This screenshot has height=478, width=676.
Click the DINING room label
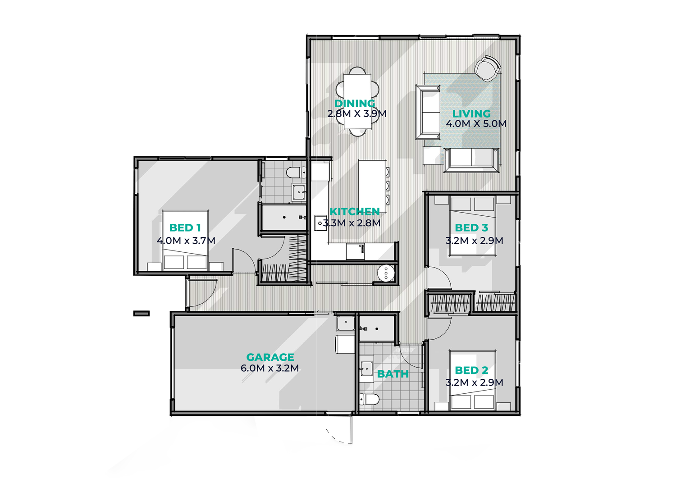(x=355, y=103)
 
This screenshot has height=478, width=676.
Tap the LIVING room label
(x=471, y=114)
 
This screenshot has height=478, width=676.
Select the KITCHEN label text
(x=355, y=212)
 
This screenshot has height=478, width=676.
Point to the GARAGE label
(x=270, y=357)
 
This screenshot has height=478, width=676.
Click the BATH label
(x=393, y=374)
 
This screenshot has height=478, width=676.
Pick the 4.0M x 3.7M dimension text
(x=186, y=241)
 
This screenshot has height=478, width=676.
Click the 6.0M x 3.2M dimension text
(x=270, y=368)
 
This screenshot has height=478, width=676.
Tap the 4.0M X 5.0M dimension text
(x=476, y=124)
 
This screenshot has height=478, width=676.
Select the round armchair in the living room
(x=487, y=68)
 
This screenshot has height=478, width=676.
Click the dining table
(x=357, y=101)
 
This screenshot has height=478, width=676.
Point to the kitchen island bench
(x=372, y=186)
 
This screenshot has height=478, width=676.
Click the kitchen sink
(x=320, y=223)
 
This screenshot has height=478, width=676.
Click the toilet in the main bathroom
(x=369, y=400)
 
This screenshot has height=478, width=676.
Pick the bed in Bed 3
(x=473, y=226)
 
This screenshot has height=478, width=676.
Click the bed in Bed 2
(x=473, y=381)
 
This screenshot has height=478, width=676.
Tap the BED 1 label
(x=185, y=228)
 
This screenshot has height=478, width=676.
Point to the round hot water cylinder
(x=386, y=273)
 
